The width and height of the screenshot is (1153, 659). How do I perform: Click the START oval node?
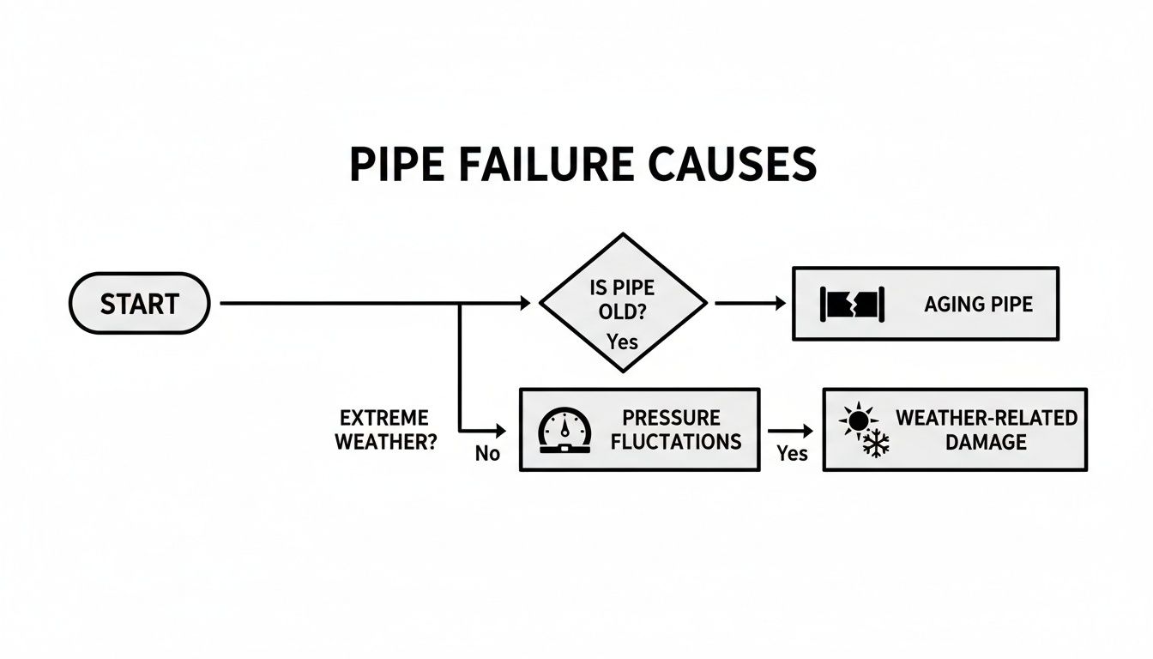139,303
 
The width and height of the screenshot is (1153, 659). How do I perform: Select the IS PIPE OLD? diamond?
623,302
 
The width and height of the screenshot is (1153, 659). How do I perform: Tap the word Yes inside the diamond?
622,342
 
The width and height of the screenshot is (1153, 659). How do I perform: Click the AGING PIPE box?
925,304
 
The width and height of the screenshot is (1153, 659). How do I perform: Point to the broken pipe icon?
852,304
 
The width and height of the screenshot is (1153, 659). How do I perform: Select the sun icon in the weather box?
857,421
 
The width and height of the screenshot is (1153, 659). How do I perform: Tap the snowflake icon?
876,444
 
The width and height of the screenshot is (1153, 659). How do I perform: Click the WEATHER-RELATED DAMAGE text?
986,430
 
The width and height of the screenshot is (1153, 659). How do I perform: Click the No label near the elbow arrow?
487,454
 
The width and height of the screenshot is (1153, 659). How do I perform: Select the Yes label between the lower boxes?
792,453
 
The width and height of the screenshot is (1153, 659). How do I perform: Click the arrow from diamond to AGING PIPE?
750,303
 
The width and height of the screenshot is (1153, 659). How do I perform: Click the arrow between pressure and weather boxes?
789,430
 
